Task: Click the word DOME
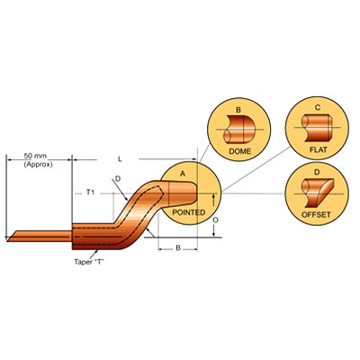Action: [239, 151]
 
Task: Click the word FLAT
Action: [319, 149]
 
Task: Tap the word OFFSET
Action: [316, 215]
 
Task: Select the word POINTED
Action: [189, 212]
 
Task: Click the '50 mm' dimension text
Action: [35, 157]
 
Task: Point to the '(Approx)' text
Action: [38, 165]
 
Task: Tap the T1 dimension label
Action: [90, 193]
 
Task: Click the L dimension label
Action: [120, 159]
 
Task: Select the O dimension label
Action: [215, 220]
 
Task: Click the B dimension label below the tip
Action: [178, 248]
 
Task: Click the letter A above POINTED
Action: [183, 173]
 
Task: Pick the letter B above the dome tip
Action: [238, 110]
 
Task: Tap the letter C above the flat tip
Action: [318, 107]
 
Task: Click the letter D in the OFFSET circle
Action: [317, 172]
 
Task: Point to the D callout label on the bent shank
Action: [118, 179]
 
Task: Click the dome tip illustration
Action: [239, 130]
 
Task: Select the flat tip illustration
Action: [317, 128]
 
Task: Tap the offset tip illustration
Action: [317, 193]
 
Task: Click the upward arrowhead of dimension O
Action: [213, 196]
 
